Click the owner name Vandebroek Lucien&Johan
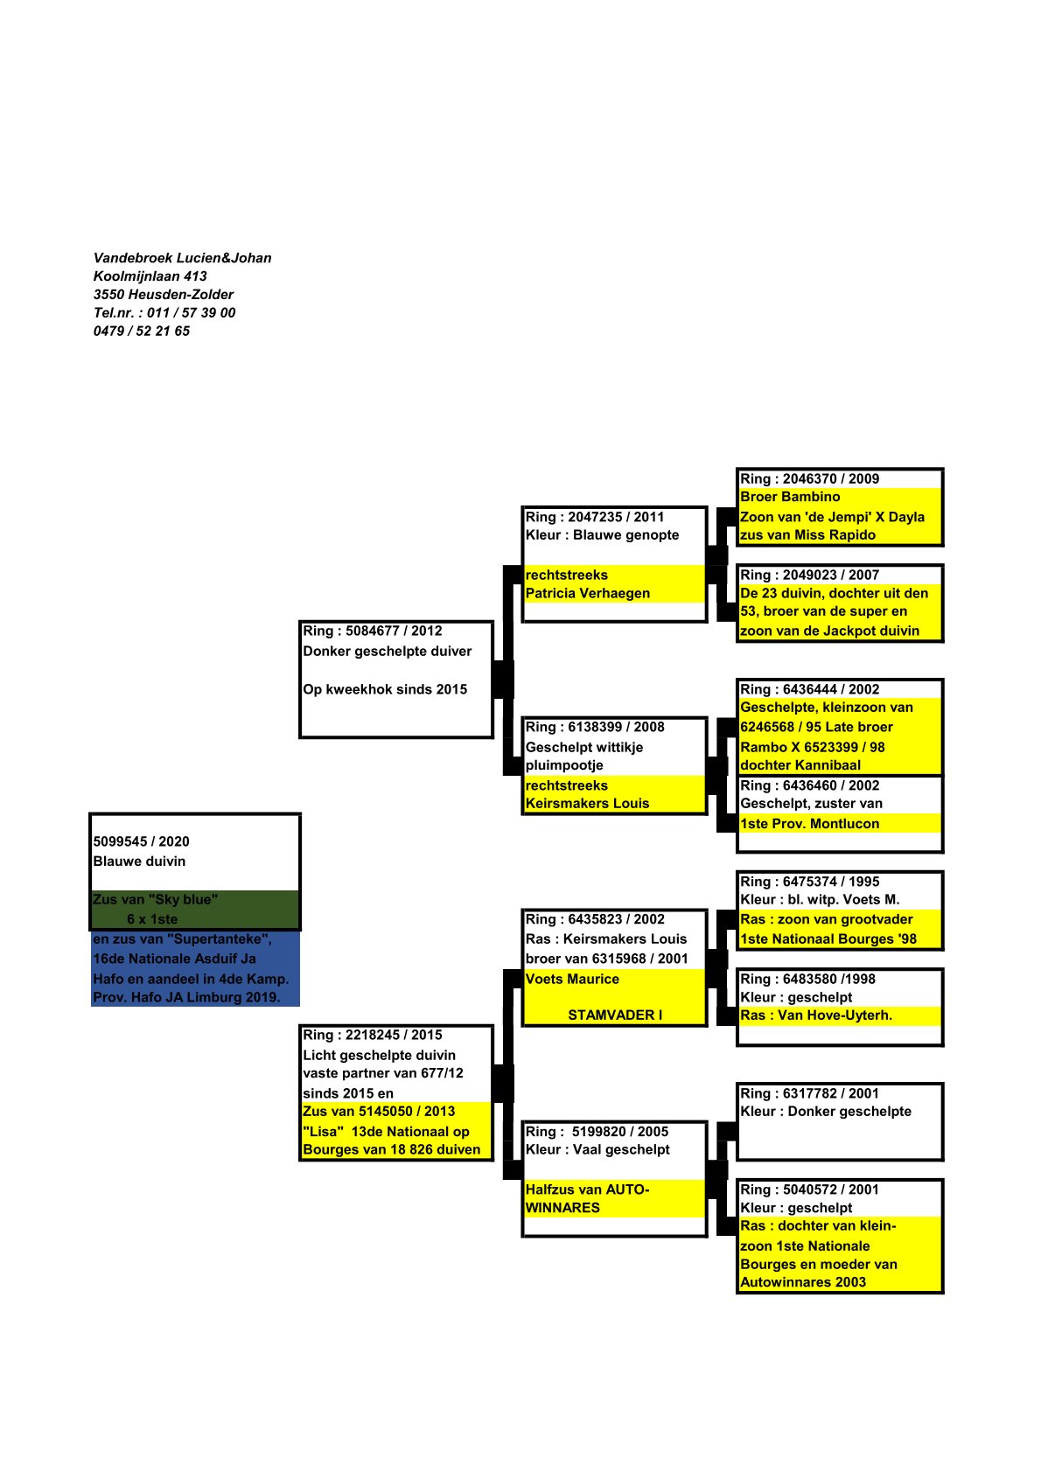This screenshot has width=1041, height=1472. coord(182,258)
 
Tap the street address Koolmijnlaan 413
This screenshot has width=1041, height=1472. coord(150,276)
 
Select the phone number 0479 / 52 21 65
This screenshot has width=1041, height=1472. coord(141,331)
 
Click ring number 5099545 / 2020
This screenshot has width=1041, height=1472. coord(141,841)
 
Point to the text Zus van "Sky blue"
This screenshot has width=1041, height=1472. coord(155,899)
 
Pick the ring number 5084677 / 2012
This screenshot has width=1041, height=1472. coord(372,631)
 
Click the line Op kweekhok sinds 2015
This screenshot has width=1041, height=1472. coord(385,689)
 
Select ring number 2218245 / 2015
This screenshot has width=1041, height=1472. coord(372,1035)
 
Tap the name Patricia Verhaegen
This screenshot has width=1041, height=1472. coord(587,593)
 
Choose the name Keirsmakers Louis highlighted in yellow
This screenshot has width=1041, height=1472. coord(587,803)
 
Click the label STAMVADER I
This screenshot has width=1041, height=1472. coord(615,1015)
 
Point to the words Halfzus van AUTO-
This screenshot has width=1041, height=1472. coord(587,1189)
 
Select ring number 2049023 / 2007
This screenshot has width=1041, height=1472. coord(809,575)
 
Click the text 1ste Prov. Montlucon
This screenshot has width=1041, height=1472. coord(809,824)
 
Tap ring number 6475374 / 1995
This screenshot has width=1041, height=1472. coord(809,882)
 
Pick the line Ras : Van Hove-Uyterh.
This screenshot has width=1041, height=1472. coord(815,1015)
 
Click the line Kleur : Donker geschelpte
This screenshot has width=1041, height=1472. coord(825,1112)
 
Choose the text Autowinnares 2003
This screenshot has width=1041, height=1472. coord(802,1282)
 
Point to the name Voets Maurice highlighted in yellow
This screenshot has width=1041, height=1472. coord(572,979)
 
